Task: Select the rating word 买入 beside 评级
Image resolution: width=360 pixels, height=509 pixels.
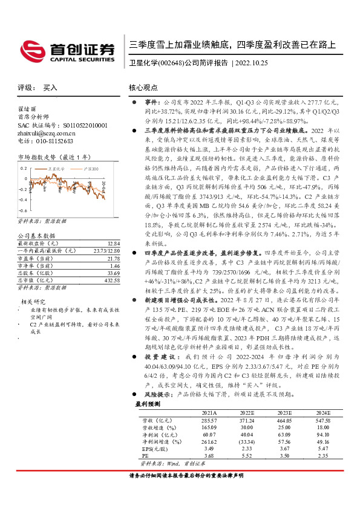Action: tap(50, 88)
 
